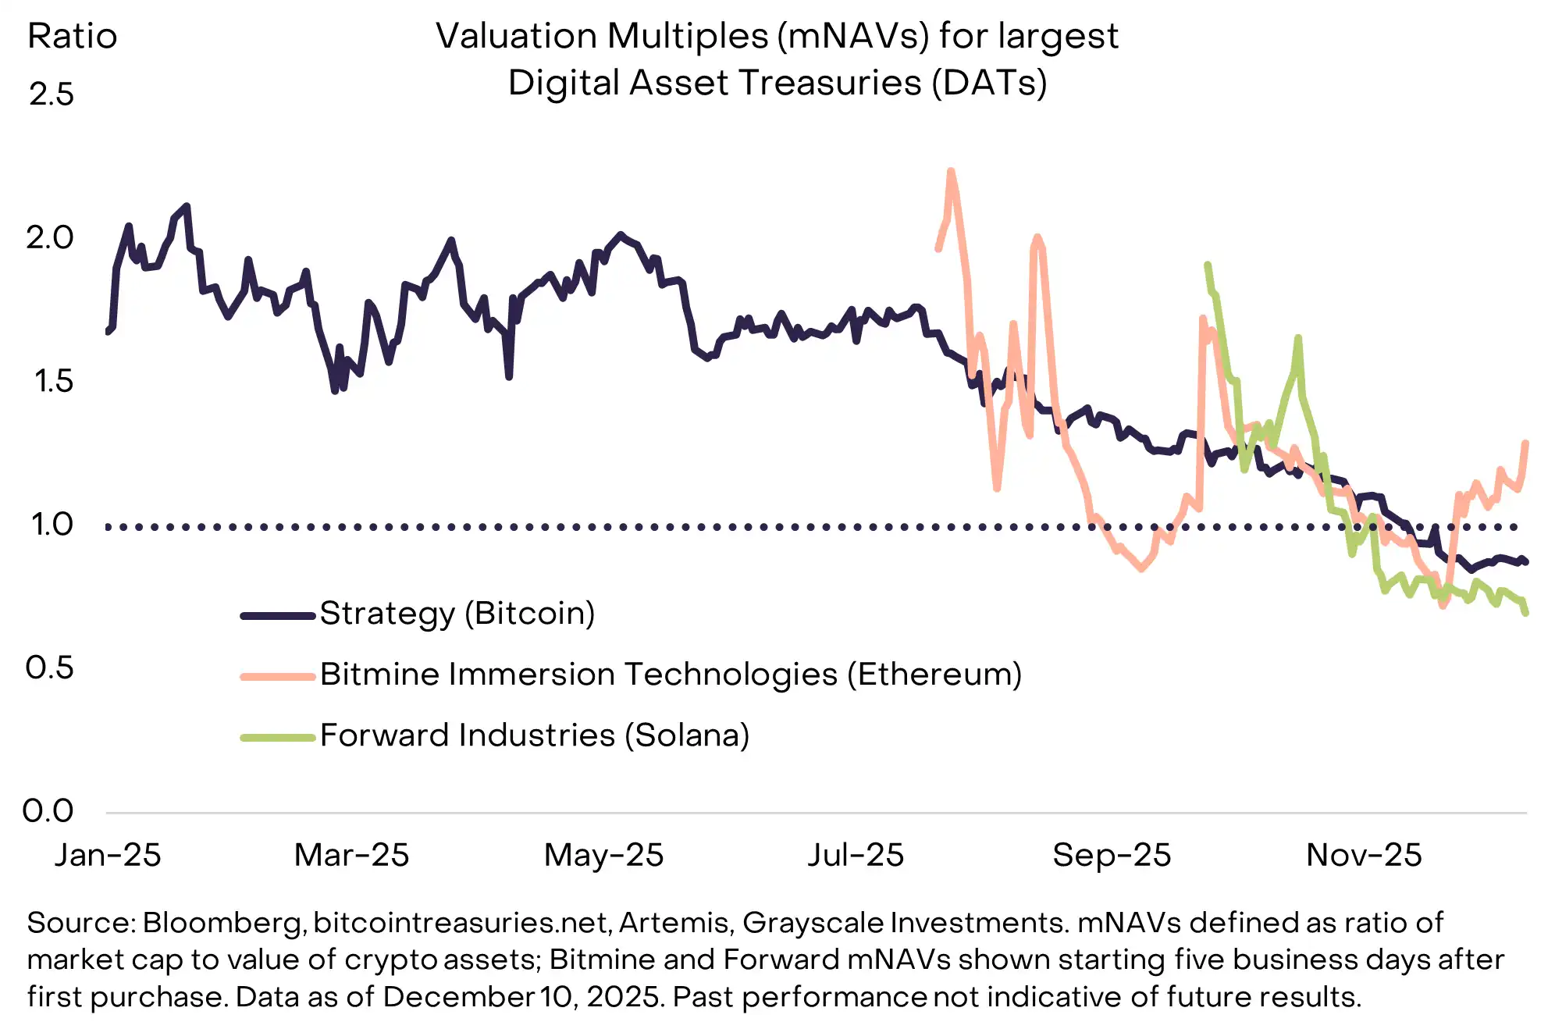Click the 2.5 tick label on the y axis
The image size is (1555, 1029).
tap(52, 94)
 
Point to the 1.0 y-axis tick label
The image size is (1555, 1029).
tap(52, 525)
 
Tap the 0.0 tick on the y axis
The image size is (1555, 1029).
tap(48, 811)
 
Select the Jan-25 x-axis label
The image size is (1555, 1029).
tap(108, 855)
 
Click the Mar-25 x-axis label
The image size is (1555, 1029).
tap(351, 855)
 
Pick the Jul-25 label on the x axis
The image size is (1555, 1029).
tap(856, 855)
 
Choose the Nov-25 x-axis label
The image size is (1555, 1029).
tap(1364, 855)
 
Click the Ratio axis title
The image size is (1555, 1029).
tap(73, 36)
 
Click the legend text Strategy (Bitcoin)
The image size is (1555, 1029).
tap(457, 614)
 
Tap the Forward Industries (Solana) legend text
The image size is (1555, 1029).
tap(535, 735)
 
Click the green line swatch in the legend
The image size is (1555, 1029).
tap(278, 737)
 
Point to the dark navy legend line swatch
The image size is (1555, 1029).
tap(278, 616)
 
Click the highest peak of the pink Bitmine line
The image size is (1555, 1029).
tap(951, 171)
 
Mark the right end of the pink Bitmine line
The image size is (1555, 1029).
tap(1526, 443)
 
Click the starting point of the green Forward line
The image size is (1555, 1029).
tap(1207, 265)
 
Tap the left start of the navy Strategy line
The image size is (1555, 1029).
tap(108, 332)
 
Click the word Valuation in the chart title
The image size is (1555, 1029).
tap(515, 36)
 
